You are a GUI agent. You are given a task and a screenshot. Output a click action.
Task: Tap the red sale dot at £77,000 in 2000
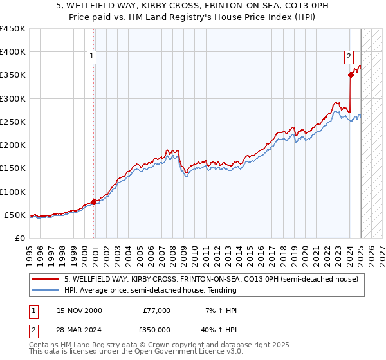(94, 202)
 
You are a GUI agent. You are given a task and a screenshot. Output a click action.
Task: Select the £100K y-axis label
(12, 192)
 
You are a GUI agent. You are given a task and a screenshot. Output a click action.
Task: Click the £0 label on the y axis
(19, 238)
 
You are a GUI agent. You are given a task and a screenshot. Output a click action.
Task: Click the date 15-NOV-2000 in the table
(79, 310)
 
